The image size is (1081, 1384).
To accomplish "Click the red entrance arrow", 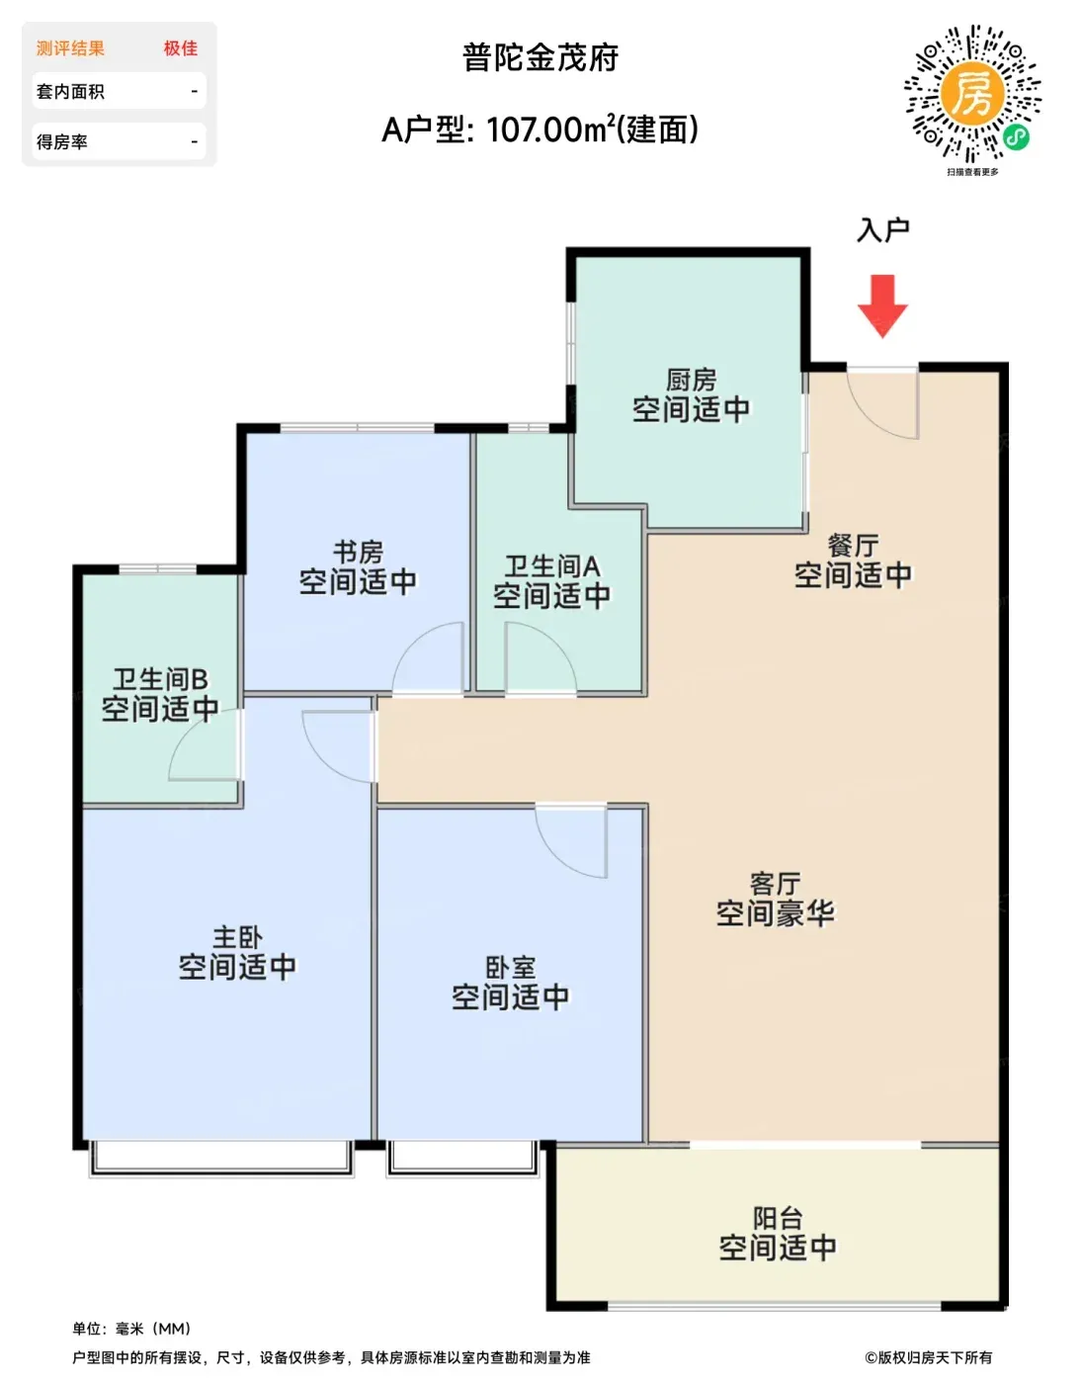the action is coord(881,305).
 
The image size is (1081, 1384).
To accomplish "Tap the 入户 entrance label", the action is coord(882,230).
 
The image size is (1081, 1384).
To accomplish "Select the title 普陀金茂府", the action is coord(540,57).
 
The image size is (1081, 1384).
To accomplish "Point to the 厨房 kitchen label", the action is coord(692,380).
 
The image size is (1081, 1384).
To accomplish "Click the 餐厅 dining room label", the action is coord(853,546).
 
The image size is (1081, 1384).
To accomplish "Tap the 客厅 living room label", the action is coord(775,884).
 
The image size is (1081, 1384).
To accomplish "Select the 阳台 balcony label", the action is coord(778,1218).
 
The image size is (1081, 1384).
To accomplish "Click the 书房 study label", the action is coord(358,552).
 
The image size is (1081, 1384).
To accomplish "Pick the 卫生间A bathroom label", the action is coord(552,566).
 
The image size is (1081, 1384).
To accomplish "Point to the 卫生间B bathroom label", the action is coord(160,679).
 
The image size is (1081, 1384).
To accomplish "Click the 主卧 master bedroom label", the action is coord(237,937).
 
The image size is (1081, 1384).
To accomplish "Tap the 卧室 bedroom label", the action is coord(511,968).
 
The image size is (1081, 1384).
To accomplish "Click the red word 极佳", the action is coord(181,48).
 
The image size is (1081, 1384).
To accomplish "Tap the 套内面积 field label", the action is coord(70,92).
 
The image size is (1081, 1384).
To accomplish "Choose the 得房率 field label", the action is coord(61,142).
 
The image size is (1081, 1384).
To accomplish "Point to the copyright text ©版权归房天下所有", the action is coord(928,1357).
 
